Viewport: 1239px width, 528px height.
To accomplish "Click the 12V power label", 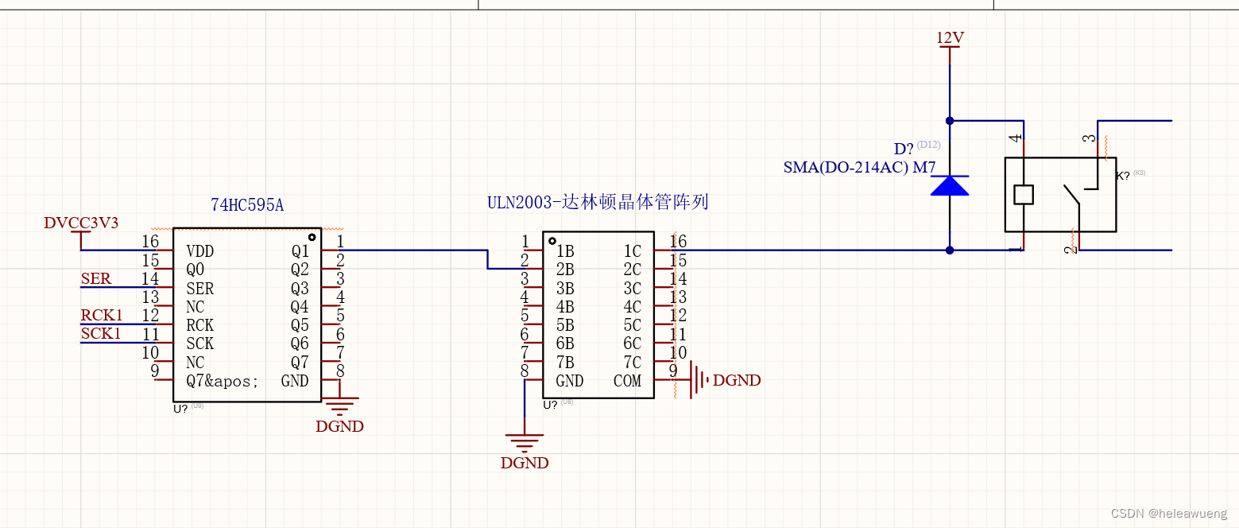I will click(950, 37).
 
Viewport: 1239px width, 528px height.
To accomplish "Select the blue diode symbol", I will click(950, 186).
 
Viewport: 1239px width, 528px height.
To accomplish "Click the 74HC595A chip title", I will click(247, 205).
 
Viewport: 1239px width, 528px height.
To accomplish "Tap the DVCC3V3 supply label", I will click(81, 223).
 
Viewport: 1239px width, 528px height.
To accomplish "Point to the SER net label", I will click(96, 279).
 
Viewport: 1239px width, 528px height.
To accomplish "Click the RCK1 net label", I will click(102, 316).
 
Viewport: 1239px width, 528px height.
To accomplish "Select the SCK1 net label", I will click(101, 334).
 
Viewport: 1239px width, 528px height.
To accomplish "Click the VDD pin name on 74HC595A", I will click(199, 251).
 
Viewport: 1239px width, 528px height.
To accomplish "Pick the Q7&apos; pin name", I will click(223, 382).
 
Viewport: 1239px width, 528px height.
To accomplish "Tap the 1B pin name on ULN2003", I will click(565, 251).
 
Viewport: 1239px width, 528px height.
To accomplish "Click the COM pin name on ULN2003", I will click(627, 382).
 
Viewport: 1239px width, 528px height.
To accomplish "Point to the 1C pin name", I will click(632, 251).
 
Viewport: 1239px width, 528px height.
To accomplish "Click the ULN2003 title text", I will click(598, 202).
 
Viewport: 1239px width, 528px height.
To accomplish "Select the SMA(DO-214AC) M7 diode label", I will click(859, 168).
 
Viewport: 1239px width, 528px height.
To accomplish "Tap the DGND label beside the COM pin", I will click(737, 381).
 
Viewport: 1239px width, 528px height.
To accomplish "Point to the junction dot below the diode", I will click(950, 250).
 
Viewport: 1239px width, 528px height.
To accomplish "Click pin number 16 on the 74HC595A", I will click(150, 242).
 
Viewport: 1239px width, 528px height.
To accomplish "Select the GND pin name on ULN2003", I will click(570, 382).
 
